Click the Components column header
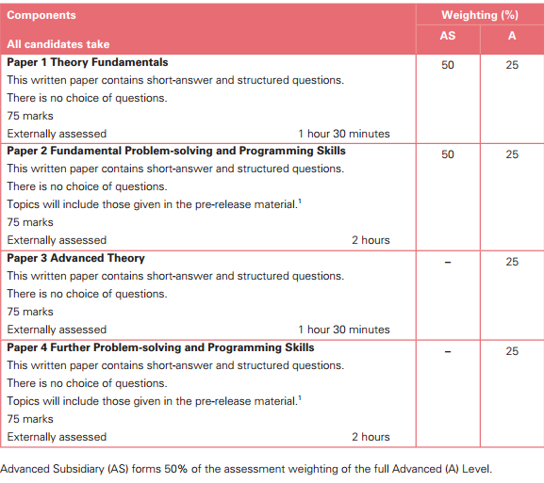click(x=41, y=16)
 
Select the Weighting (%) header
click(x=480, y=16)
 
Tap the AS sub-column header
click(x=448, y=36)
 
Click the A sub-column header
click(x=512, y=36)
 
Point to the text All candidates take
click(x=58, y=44)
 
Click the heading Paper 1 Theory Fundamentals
click(x=88, y=62)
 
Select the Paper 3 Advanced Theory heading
click(x=76, y=258)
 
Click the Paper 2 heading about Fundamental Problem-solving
click(x=176, y=151)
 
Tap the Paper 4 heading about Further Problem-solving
click(x=161, y=347)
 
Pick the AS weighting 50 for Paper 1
click(x=448, y=66)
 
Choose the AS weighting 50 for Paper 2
click(x=448, y=154)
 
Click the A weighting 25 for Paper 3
click(x=512, y=262)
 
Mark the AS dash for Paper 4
click(x=448, y=351)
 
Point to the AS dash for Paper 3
click(x=448, y=262)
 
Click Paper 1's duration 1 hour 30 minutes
click(x=343, y=134)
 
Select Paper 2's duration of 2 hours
click(x=371, y=240)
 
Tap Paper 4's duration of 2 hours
click(x=371, y=437)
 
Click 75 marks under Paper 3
click(x=30, y=312)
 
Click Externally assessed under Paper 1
click(x=57, y=134)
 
